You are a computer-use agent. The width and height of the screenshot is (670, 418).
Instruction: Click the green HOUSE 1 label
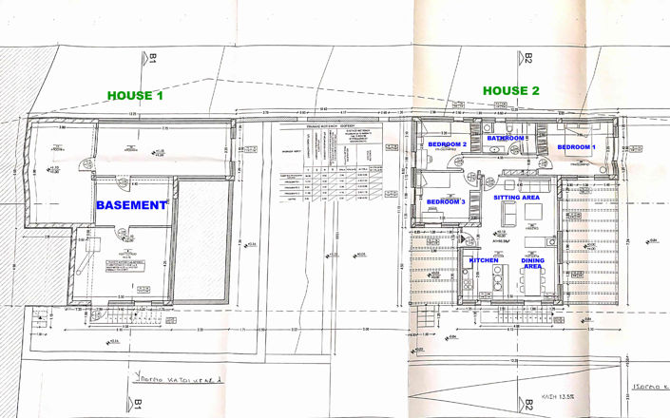135,96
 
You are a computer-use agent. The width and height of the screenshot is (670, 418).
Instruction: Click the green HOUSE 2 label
511,91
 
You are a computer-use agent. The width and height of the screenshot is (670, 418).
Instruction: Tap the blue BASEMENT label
131,204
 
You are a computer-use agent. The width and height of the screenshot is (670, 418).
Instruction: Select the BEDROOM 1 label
576,148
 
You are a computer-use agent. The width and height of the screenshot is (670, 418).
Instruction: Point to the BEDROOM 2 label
444,144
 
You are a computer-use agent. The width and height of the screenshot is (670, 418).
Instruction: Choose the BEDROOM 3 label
445,202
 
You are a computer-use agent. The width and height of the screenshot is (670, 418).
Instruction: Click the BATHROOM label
506,139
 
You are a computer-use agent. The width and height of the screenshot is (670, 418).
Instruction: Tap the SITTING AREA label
517,197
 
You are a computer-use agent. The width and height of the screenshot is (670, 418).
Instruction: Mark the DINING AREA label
532,263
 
